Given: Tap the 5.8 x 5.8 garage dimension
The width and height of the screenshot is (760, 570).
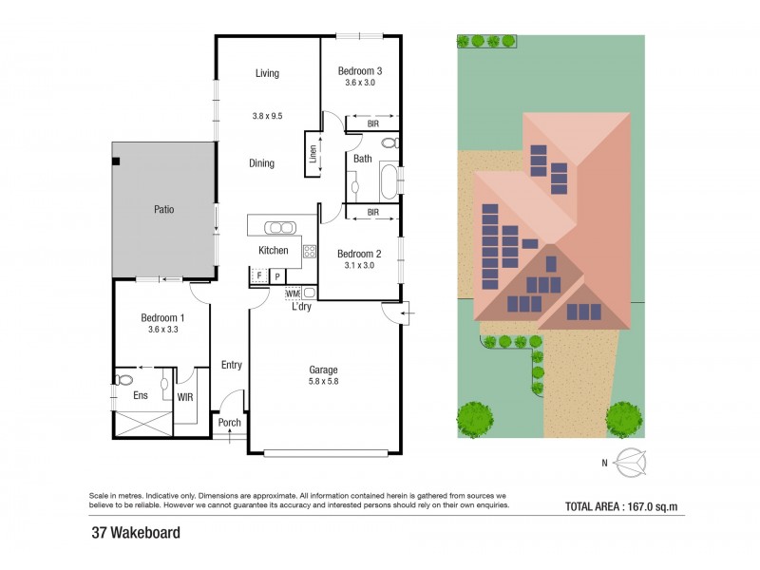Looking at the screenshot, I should (323, 382).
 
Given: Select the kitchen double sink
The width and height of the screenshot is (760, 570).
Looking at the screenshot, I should (280, 227).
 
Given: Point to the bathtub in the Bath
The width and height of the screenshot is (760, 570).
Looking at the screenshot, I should (386, 180).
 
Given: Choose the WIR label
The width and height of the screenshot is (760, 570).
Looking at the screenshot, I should (184, 395).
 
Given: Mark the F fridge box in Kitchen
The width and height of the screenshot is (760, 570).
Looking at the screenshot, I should (257, 276).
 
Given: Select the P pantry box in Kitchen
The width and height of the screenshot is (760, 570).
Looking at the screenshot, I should (276, 276).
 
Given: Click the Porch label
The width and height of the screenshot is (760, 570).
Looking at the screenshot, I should (229, 423).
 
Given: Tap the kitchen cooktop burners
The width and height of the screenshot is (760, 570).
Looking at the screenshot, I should (309, 252).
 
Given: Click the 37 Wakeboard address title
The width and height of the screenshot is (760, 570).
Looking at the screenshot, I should (136, 533).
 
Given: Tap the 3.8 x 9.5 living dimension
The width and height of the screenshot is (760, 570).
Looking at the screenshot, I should (267, 116).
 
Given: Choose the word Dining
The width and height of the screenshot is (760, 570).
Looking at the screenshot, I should (262, 163).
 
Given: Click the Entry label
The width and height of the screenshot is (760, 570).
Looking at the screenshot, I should (231, 365).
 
